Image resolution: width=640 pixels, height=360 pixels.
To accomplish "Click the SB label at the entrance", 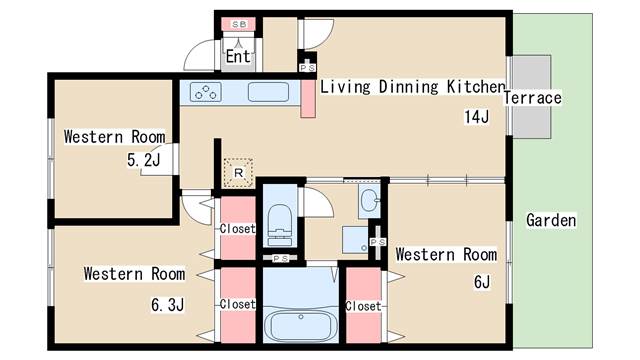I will pos(239,23).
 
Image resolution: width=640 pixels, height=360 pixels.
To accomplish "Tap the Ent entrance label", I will pos(238,56).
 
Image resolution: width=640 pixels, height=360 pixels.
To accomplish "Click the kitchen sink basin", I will pos(267,93).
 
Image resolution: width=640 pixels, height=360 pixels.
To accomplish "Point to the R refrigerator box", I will pos(238,172).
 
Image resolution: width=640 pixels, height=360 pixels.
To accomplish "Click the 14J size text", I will pos(476,117).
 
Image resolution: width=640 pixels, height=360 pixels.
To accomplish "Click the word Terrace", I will pos(532,98).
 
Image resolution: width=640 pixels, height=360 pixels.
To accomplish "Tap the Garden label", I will pos(551,220).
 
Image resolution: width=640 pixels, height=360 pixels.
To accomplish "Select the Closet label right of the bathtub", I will pos(363,305).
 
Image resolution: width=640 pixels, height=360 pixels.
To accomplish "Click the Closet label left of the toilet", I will pos(238,229).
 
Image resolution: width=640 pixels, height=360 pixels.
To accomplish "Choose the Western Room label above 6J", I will pos(446,254).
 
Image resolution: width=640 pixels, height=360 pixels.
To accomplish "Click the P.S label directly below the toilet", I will pos(281,259).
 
